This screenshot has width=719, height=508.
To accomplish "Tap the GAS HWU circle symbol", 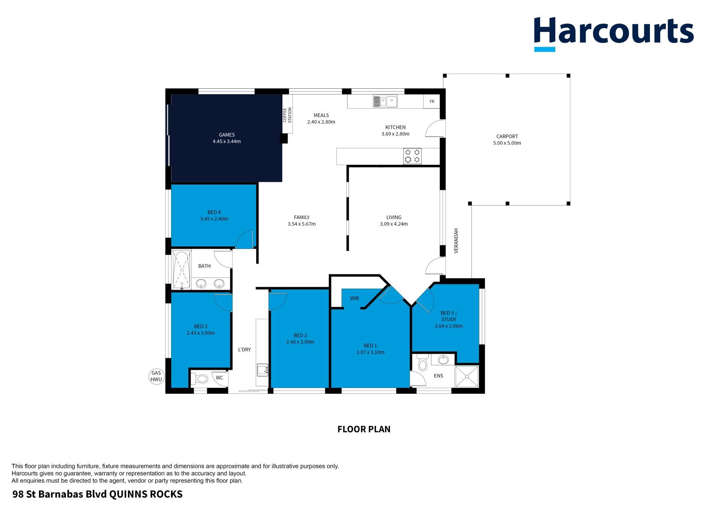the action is [156, 376].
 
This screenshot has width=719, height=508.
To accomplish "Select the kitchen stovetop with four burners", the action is [412, 156].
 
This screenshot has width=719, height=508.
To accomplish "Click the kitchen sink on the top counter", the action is [385, 101].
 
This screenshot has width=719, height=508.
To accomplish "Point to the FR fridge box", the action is [432, 101].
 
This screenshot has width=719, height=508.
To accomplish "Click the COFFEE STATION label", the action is [287, 115].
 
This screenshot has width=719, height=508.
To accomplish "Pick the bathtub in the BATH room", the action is [182, 270].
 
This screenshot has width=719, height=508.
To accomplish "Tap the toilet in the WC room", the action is [200, 379].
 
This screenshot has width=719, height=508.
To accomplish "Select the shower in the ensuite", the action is [467, 377].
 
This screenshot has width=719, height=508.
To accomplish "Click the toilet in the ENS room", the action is [422, 363].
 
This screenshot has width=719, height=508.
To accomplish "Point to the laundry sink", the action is [262, 369].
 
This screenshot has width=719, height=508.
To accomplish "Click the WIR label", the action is [355, 298].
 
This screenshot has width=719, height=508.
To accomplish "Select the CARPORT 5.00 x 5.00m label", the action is [507, 140].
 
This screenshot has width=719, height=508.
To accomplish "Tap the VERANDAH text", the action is [456, 241].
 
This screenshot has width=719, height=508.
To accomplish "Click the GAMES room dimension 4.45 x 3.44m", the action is [227, 142].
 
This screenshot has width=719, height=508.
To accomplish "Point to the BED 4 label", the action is [214, 212].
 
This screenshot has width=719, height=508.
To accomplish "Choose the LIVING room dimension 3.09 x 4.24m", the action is [394, 224].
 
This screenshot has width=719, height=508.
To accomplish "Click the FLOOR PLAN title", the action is [364, 429].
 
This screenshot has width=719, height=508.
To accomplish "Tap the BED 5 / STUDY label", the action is [449, 316].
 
